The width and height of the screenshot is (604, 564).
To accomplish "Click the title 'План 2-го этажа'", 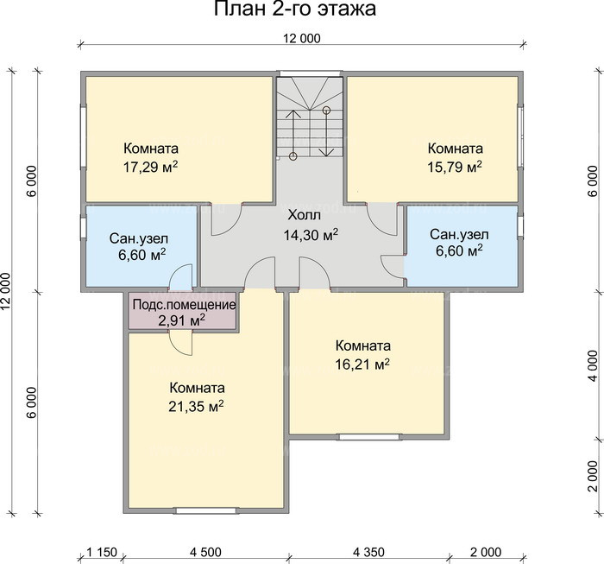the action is [x=295, y=9].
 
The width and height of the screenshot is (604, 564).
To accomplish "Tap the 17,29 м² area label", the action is [x=151, y=167].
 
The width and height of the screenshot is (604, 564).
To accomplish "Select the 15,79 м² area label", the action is [x=455, y=167].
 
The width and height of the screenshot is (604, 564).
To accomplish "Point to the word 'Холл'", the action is [x=304, y=215].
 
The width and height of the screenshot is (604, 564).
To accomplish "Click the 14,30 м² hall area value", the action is [x=311, y=234].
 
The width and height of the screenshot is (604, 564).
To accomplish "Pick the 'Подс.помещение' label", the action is [x=184, y=305].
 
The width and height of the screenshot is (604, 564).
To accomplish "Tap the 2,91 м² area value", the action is [x=181, y=320].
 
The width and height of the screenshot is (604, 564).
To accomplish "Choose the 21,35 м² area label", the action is [x=197, y=406].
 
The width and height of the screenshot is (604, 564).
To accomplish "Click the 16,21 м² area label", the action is [x=362, y=364].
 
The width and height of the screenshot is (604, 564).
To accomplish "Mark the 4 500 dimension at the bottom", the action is [x=205, y=552].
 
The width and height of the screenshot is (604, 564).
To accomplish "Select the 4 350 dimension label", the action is [x=368, y=552].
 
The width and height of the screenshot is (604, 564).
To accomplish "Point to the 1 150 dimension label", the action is [x=101, y=552].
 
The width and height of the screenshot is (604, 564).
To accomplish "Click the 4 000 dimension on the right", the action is [x=594, y=365].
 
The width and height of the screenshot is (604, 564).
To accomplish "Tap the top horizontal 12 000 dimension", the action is [x=302, y=39].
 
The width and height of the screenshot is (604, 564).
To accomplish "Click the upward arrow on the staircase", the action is [x=293, y=133].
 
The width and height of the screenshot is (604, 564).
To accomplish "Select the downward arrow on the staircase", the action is [x=327, y=133].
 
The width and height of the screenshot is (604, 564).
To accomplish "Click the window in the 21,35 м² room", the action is [x=205, y=510].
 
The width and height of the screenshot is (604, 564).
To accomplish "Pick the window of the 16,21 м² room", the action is [x=369, y=437].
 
